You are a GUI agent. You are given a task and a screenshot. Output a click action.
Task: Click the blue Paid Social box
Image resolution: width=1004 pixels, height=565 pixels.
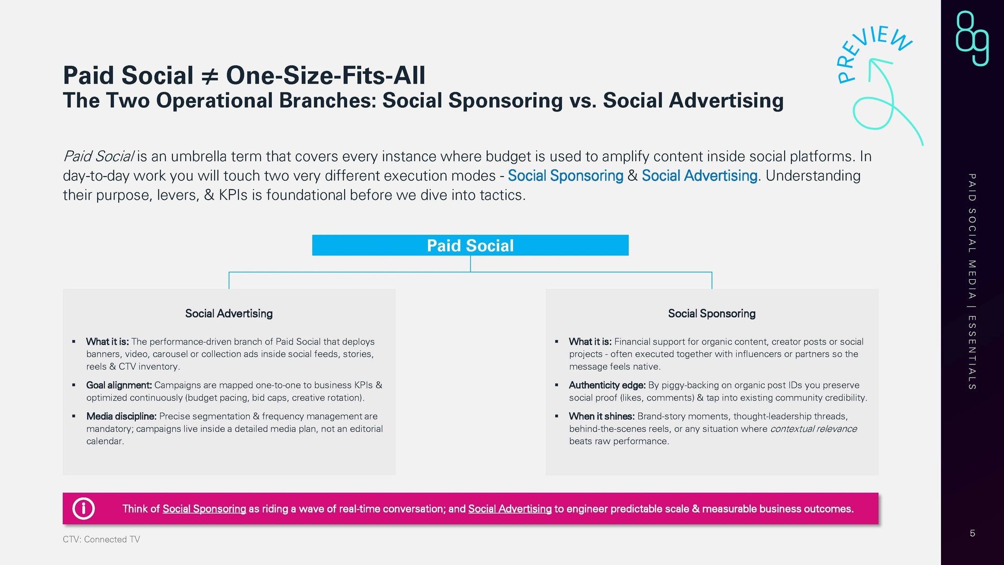point(470,245)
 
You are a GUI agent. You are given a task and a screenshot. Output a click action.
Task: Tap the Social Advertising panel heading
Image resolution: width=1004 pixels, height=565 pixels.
point(229,314)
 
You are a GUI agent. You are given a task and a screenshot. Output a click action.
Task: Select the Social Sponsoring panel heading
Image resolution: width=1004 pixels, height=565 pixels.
point(711,314)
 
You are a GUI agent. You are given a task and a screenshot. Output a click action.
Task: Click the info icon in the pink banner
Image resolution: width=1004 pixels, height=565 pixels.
point(84,509)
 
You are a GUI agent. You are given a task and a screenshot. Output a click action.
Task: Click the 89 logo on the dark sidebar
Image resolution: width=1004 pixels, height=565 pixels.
point(972,38)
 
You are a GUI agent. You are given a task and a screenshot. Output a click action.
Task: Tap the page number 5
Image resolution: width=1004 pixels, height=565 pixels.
point(972,533)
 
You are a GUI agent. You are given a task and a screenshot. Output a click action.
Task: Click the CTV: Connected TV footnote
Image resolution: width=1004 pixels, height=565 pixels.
point(101,539)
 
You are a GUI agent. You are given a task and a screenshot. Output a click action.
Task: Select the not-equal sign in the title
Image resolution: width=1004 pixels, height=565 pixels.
point(209,76)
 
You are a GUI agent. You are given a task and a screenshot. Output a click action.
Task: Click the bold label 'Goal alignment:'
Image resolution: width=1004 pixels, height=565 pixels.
point(119,385)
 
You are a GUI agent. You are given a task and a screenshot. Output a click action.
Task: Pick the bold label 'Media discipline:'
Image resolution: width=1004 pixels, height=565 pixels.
point(121,416)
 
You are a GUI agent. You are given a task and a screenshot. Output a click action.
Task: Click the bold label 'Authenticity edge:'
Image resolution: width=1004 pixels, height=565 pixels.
point(607,385)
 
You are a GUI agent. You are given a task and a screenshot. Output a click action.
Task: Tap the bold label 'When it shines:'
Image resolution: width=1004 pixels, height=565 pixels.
point(602,416)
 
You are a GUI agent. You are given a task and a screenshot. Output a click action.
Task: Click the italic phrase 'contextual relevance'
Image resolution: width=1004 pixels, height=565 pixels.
point(814,429)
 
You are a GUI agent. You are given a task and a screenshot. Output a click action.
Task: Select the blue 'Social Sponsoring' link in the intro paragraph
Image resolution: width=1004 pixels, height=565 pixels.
point(565,176)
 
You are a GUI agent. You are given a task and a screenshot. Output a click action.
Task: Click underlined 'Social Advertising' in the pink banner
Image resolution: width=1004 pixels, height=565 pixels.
point(510,509)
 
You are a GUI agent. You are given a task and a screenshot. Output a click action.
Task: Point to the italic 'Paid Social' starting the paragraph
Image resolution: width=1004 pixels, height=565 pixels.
point(98,156)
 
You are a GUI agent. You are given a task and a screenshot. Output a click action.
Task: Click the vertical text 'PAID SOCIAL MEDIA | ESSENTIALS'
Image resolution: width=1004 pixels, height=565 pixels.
point(972,282)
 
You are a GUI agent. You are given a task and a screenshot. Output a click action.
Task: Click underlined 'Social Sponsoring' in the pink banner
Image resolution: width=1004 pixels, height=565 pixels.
point(204,509)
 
